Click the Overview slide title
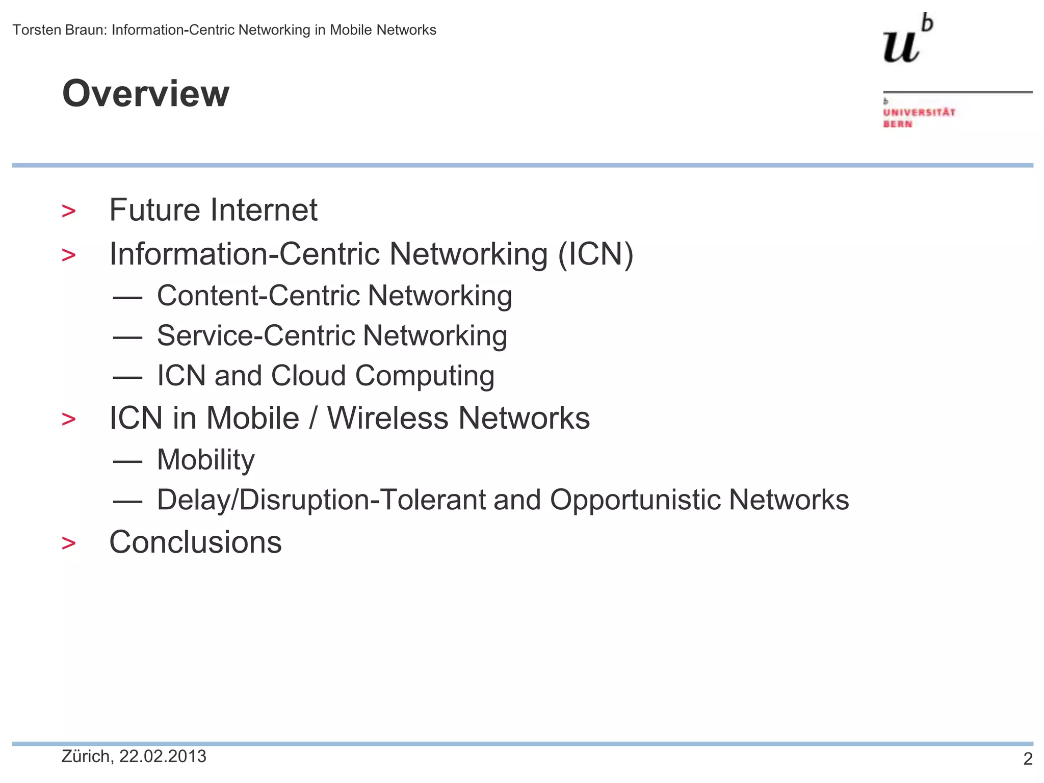(x=146, y=94)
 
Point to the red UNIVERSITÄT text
(x=919, y=112)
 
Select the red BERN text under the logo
(x=897, y=124)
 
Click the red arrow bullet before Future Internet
(x=68, y=211)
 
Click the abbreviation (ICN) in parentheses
(x=595, y=254)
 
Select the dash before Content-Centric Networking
(x=127, y=297)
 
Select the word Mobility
(x=205, y=460)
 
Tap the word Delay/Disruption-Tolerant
(x=321, y=500)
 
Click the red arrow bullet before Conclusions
(x=68, y=543)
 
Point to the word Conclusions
(x=195, y=542)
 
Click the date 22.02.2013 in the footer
(x=163, y=756)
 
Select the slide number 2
(x=1028, y=759)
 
